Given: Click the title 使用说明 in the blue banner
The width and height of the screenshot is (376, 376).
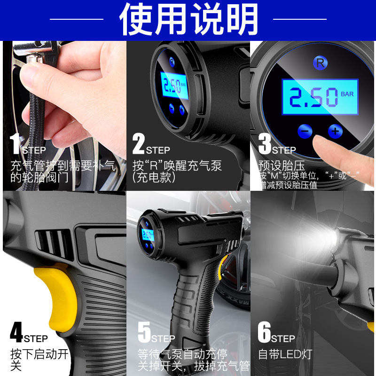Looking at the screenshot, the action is pyautogui.click(x=188, y=19).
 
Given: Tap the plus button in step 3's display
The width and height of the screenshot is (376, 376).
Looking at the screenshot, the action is pyautogui.click(x=335, y=131).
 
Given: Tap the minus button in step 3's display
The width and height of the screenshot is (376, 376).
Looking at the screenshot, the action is pyautogui.click(x=305, y=131).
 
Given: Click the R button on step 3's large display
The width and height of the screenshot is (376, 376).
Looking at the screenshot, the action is pyautogui.click(x=321, y=63).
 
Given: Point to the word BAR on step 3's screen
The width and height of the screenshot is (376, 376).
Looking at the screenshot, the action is pyautogui.click(x=347, y=94).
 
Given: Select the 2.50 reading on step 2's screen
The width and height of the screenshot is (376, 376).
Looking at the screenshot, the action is pyautogui.click(x=172, y=86).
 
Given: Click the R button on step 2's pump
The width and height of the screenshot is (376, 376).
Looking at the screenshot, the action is pyautogui.click(x=172, y=62).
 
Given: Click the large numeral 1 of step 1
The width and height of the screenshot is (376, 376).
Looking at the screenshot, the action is pyautogui.click(x=16, y=143).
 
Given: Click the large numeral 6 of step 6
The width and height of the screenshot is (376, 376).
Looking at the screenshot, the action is pyautogui.click(x=264, y=332).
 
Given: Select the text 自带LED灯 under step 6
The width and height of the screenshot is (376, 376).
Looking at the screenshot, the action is pyautogui.click(x=285, y=354).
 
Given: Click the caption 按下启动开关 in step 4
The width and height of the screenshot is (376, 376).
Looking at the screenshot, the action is pyautogui.click(x=39, y=360).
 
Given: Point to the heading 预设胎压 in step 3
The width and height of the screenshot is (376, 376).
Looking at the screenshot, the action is pyautogui.click(x=282, y=165).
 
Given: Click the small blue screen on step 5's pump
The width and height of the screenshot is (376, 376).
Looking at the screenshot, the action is pyautogui.click(x=148, y=235).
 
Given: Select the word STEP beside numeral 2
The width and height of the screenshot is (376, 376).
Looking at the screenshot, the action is pyautogui.click(x=158, y=150).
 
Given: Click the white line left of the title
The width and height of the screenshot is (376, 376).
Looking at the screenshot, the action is pyautogui.click(x=77, y=19).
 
